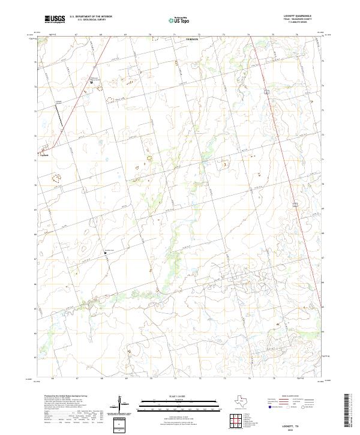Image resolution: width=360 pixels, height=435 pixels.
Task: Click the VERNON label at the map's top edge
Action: coord(192,38)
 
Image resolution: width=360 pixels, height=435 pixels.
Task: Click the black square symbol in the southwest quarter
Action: coord(106,253)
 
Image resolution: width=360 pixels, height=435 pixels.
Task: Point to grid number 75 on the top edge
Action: coord(273,35)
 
